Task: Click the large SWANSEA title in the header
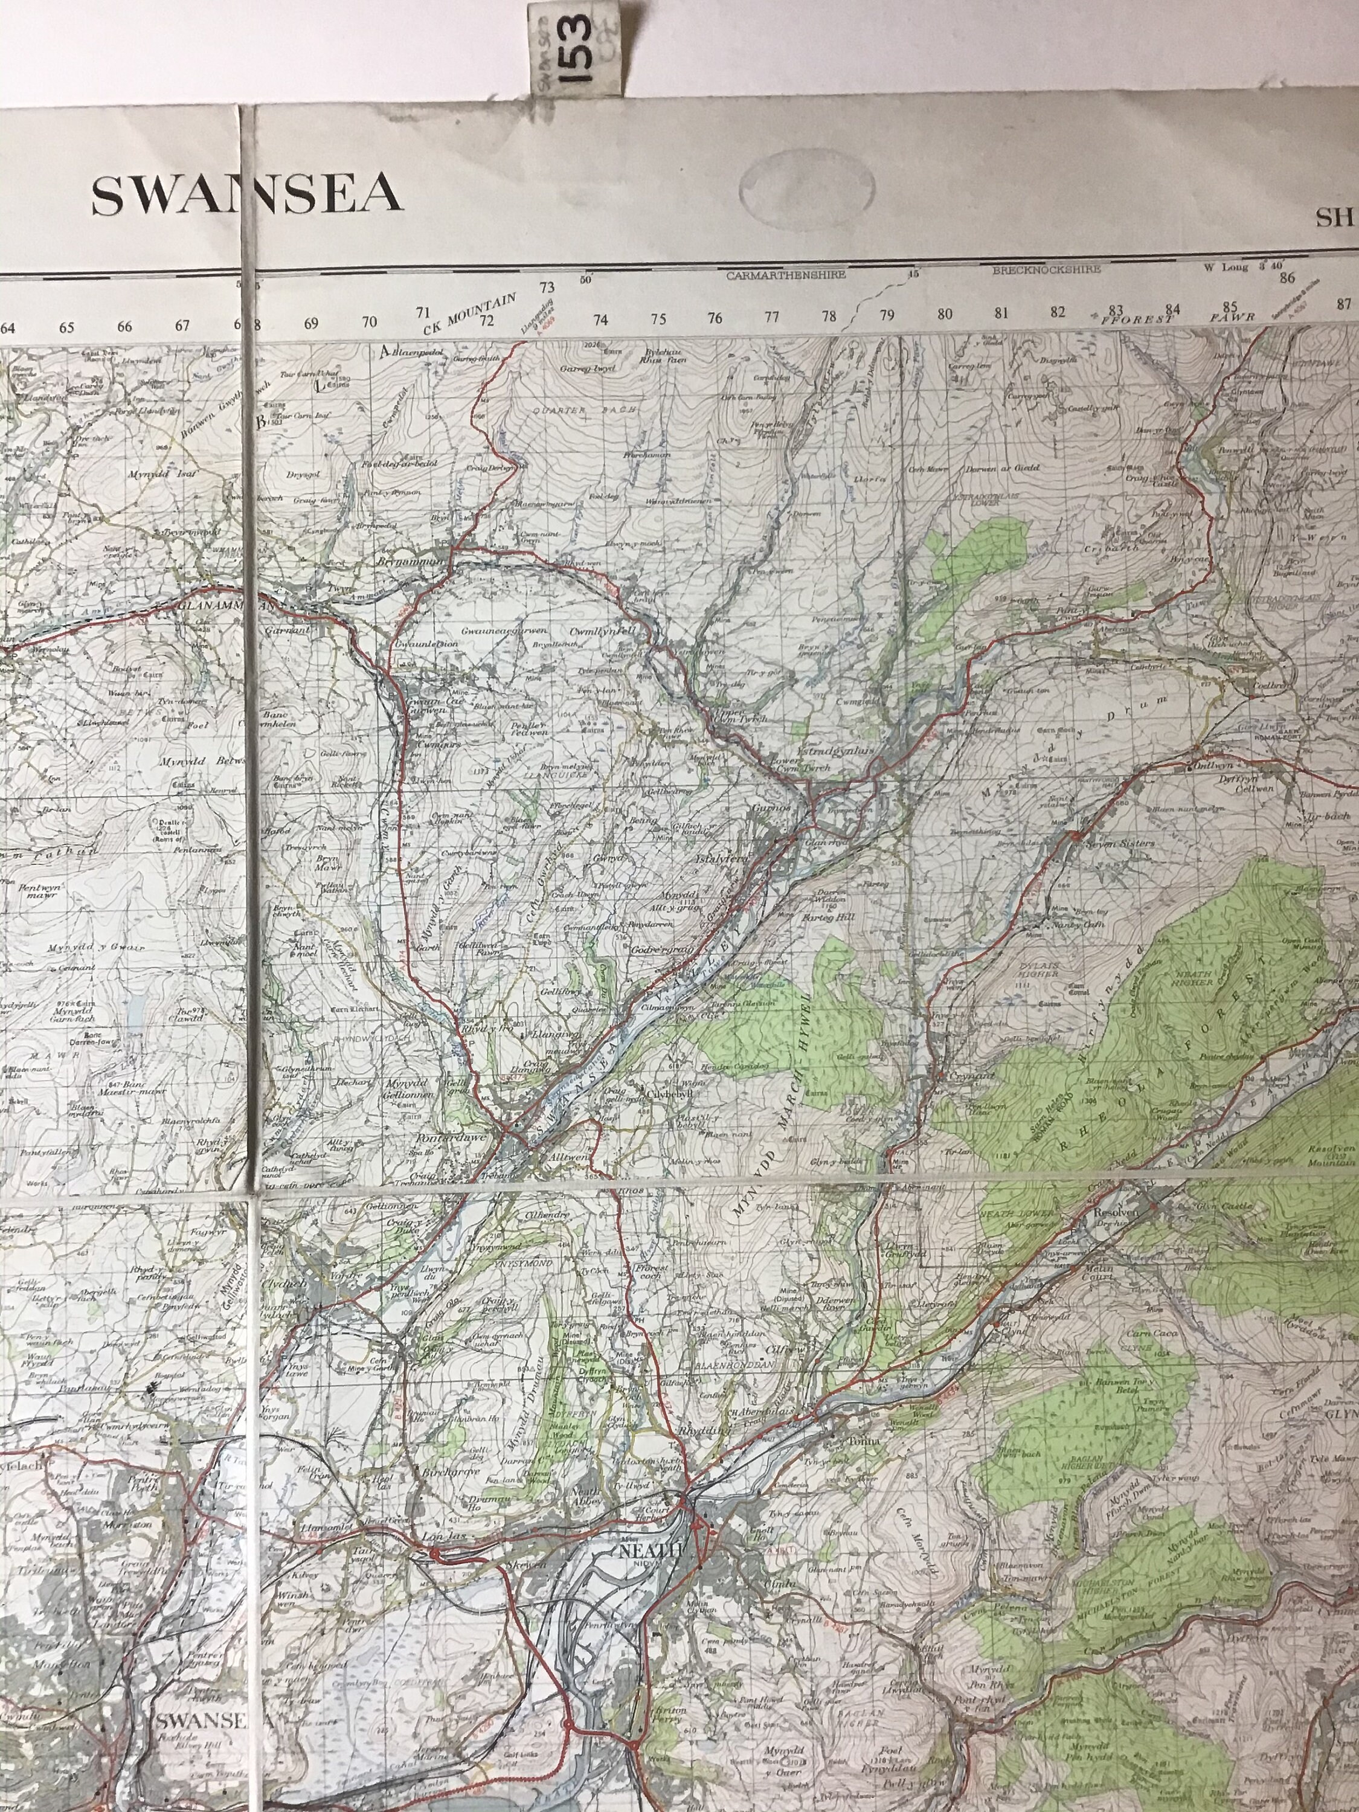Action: (246, 196)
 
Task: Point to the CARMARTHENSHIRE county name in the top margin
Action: (786, 276)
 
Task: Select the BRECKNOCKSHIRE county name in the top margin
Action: (1046, 269)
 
